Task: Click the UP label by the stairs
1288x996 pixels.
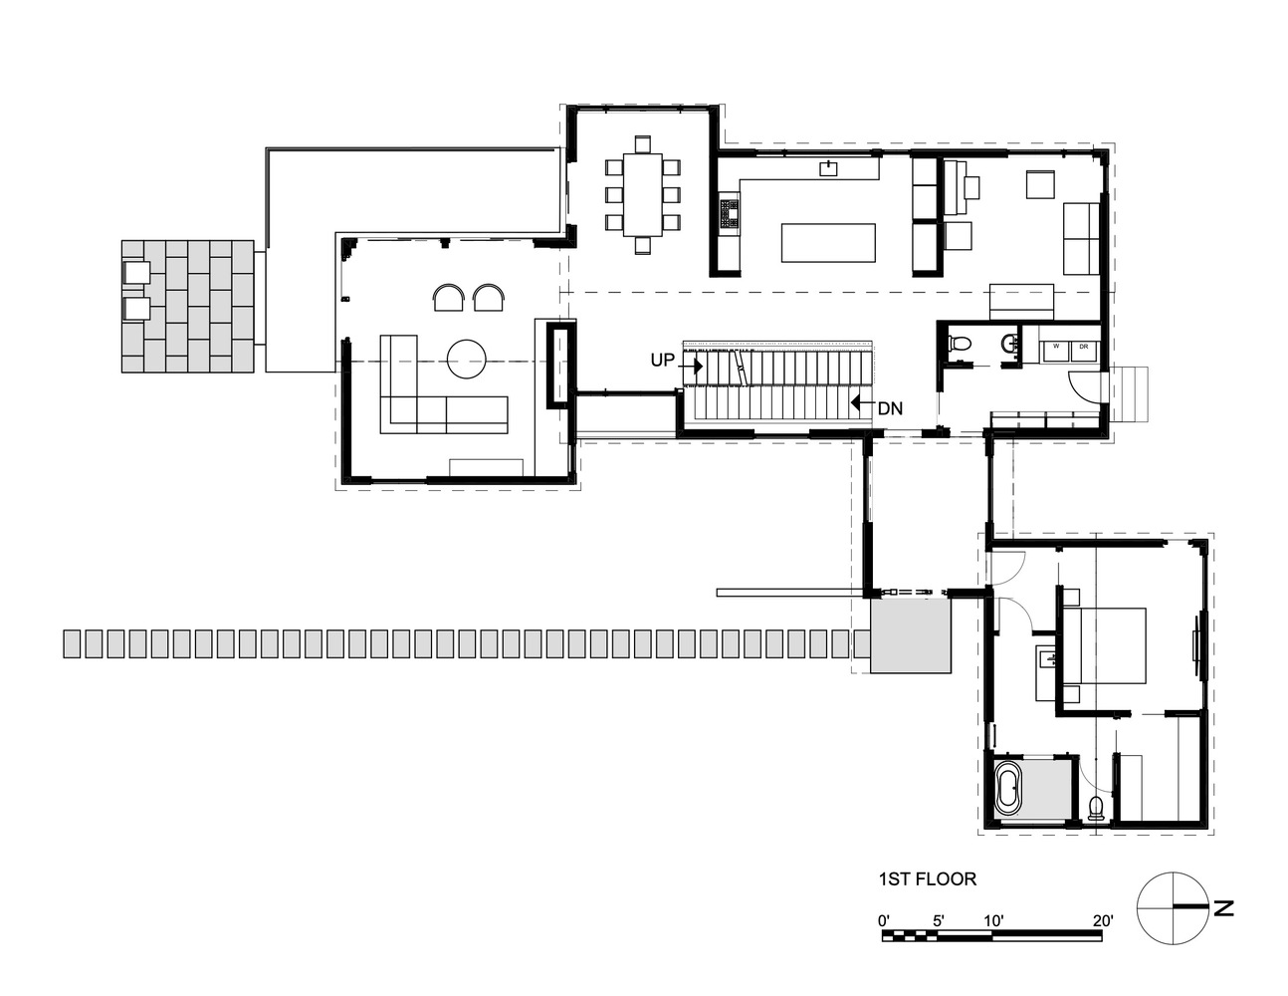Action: (x=663, y=360)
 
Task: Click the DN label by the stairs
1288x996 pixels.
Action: (x=890, y=408)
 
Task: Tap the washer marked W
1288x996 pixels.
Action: (x=1056, y=352)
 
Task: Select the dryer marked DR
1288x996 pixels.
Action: (x=1084, y=352)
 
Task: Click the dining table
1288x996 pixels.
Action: (x=643, y=194)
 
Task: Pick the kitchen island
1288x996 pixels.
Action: (x=828, y=242)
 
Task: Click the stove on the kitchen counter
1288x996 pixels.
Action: (x=729, y=213)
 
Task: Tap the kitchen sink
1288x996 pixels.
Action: (x=828, y=169)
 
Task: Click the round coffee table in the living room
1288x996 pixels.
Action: (x=467, y=359)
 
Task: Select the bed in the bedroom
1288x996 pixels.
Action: (x=1104, y=645)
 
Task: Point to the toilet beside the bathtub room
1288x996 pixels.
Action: (x=1095, y=808)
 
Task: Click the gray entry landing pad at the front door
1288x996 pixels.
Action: (x=911, y=636)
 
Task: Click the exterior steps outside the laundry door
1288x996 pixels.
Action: (x=1129, y=393)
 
